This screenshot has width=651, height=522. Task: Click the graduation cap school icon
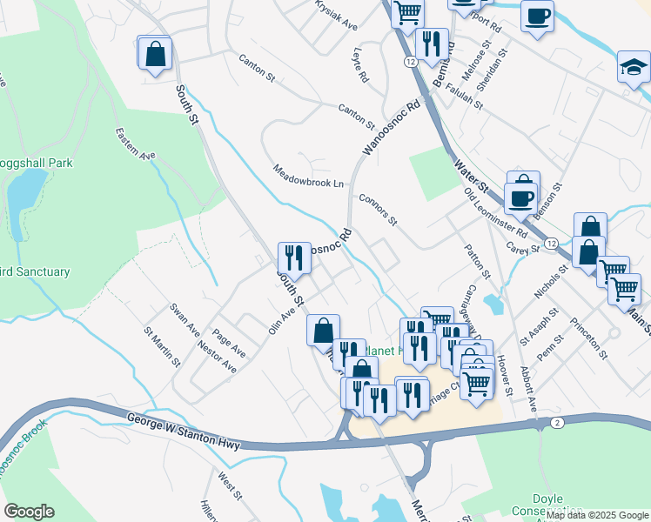pos(634,66)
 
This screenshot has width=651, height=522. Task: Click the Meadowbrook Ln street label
pos(309,176)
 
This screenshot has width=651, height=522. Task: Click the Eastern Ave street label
pos(135,144)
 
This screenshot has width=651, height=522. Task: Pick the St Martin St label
pos(163,346)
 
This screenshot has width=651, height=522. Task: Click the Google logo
pos(29,512)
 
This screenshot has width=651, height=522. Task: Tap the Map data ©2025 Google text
pos(597,515)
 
